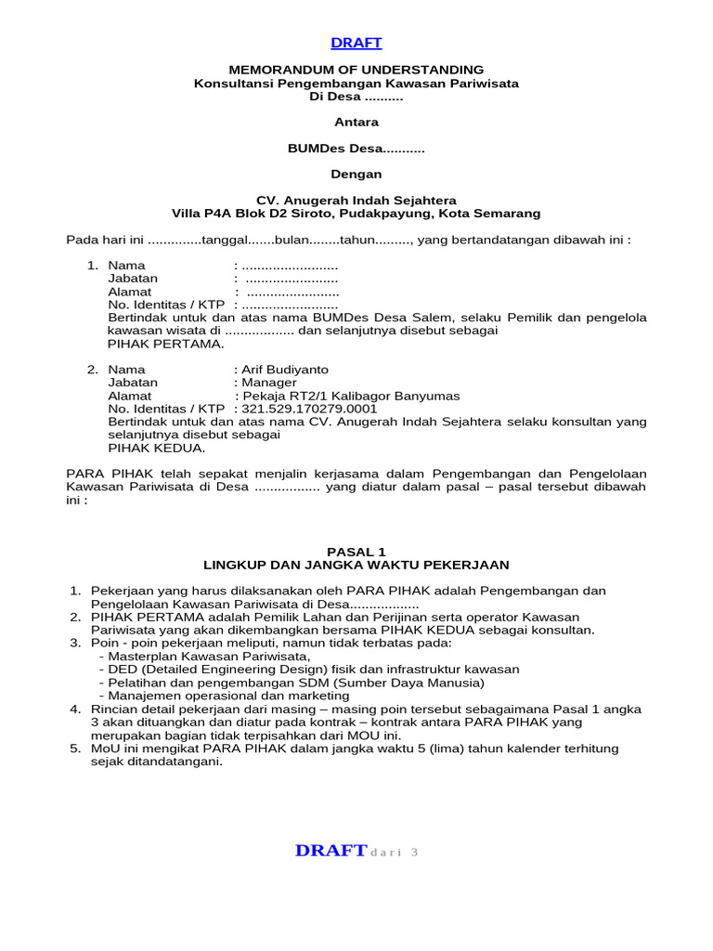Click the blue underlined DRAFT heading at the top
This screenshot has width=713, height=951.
pyautogui.click(x=356, y=43)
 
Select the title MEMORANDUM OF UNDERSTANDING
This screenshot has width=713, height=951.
pyautogui.click(x=356, y=70)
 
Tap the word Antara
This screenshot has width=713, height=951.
pyautogui.click(x=356, y=122)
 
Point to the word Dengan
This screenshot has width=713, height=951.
pyautogui.click(x=356, y=174)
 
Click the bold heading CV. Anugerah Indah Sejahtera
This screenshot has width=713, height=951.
pyautogui.click(x=356, y=200)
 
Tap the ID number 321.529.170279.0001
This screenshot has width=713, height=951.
pyautogui.click(x=309, y=409)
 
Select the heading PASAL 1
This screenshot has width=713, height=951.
pyautogui.click(x=356, y=552)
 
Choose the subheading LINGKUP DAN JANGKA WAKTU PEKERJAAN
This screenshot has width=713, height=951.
pyautogui.click(x=356, y=565)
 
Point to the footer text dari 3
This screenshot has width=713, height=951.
pyautogui.click(x=395, y=853)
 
